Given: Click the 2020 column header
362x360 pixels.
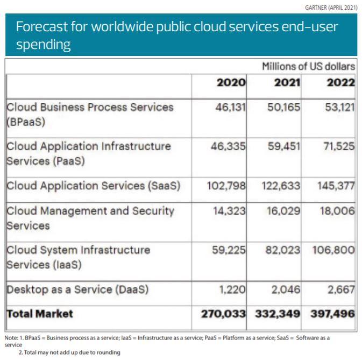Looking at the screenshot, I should pos(231,83).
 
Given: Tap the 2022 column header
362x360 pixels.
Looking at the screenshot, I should pos(340,83).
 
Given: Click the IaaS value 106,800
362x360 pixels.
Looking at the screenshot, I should pos(333,251).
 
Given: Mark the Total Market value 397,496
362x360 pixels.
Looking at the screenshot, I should pos(333,314).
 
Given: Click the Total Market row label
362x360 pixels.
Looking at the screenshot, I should pos(40,313).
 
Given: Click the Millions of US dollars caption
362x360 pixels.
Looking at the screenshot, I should pos(308,67).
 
